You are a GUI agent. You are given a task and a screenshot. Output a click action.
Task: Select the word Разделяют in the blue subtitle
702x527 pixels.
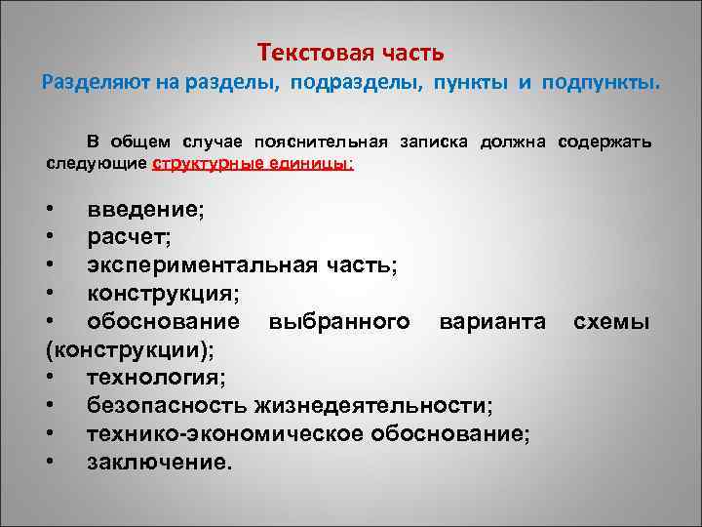91,83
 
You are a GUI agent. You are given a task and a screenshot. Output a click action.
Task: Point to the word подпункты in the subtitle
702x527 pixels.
598,83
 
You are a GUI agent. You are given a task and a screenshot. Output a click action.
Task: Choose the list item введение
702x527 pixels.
145,209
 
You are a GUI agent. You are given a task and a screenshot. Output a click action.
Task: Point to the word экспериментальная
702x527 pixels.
200,265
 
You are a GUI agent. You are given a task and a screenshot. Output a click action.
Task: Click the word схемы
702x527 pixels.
611,321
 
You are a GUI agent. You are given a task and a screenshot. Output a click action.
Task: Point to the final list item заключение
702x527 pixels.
160,462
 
